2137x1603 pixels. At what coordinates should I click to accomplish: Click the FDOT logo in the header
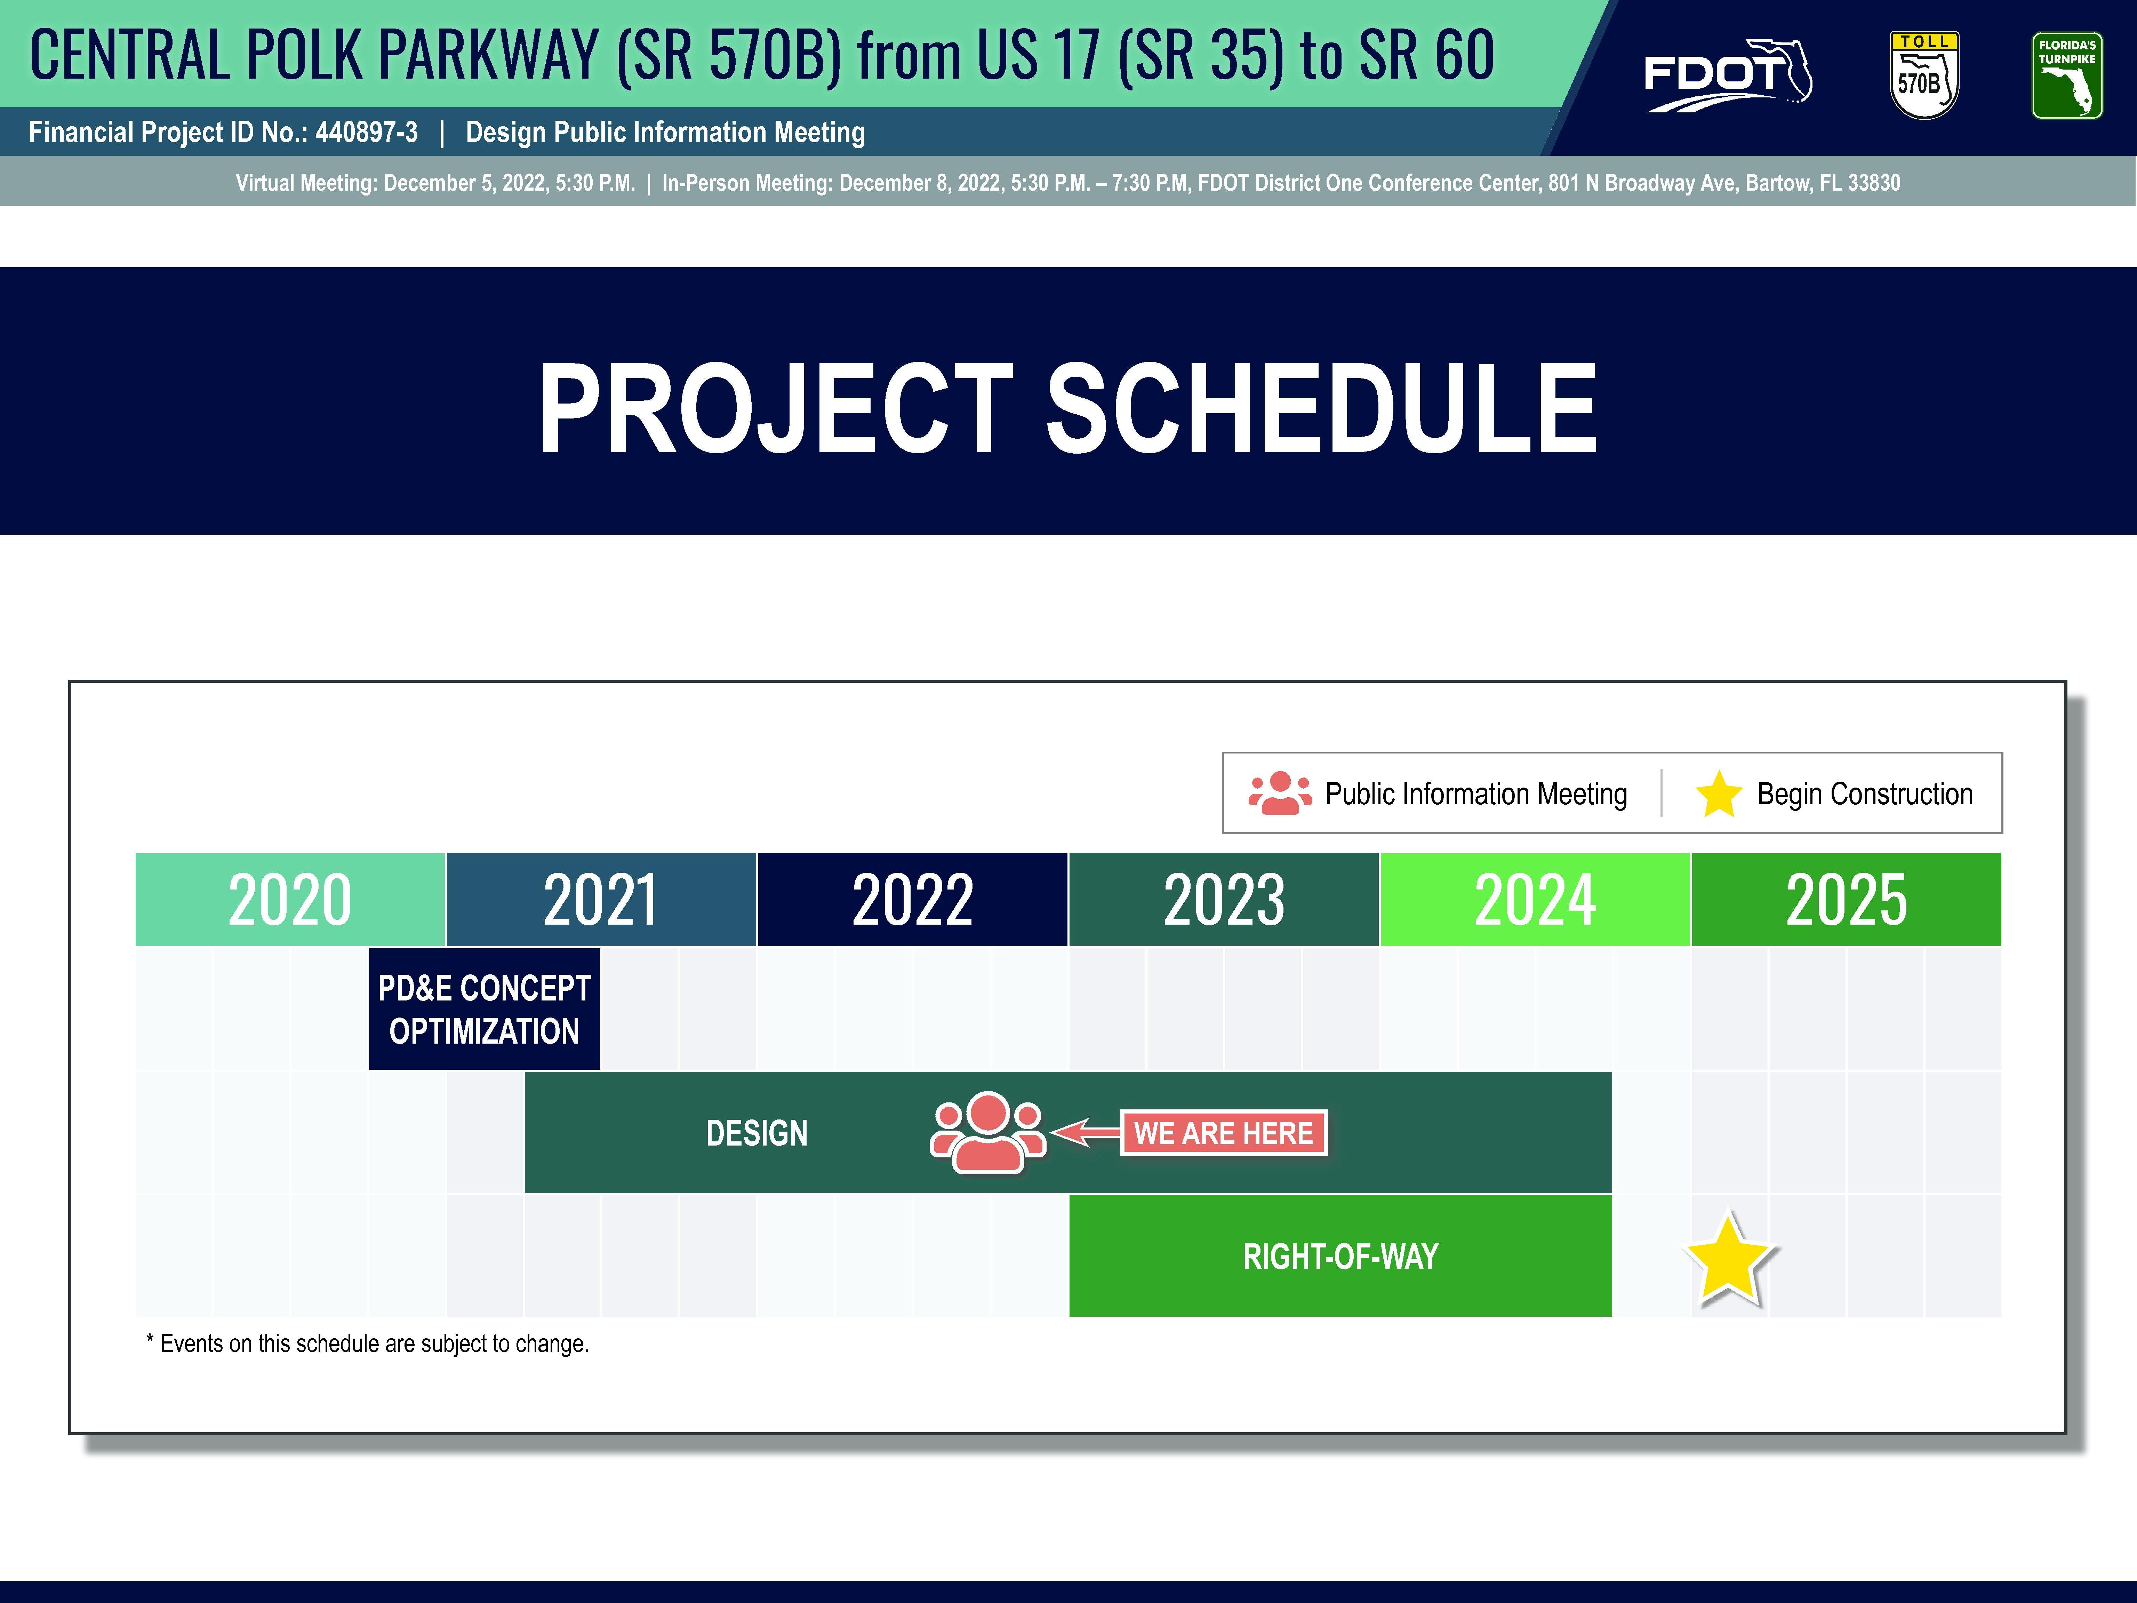point(1727,75)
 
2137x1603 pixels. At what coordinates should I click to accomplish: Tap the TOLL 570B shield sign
point(1923,75)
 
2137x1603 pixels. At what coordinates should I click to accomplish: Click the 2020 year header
point(290,900)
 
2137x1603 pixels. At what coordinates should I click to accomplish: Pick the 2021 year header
point(601,900)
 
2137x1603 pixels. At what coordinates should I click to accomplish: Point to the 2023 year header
point(1224,900)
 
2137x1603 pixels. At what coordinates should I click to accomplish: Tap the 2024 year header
point(1535,900)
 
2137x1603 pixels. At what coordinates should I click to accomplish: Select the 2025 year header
point(1846,900)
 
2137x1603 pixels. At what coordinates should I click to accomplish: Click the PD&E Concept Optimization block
point(484,1009)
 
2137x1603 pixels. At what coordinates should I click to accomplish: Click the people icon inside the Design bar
point(987,1132)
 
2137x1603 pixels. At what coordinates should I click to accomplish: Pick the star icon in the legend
point(1719,794)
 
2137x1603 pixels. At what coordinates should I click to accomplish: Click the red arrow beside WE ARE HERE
point(1086,1132)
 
